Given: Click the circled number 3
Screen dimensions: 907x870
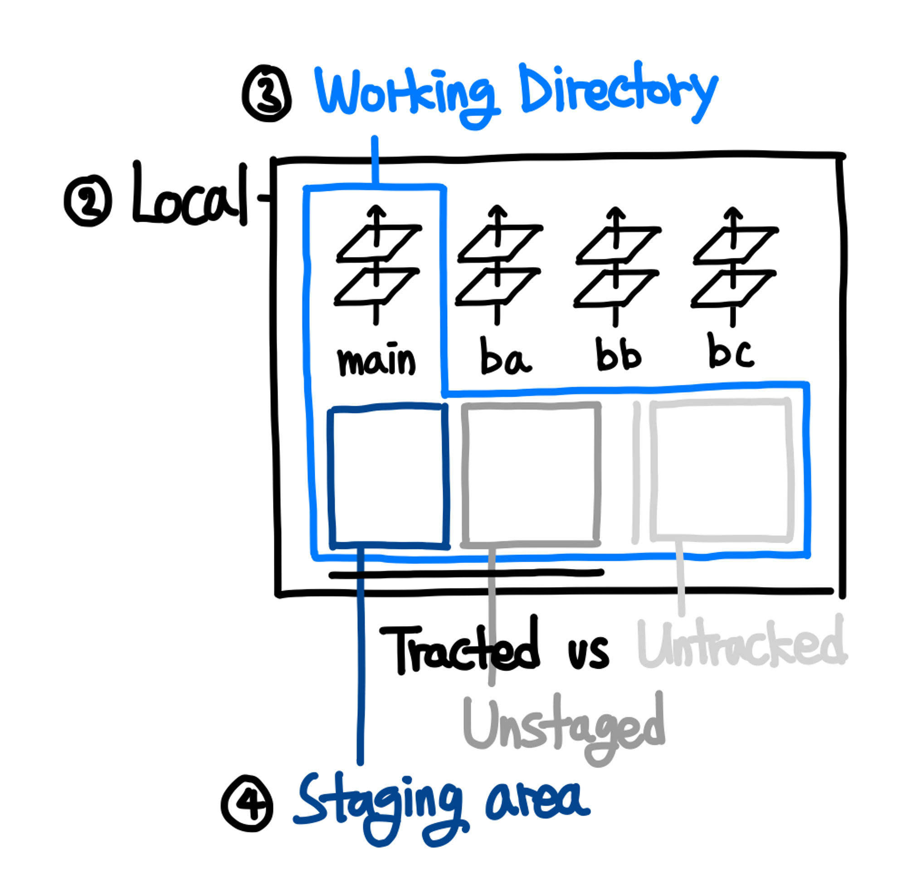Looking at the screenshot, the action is point(267,93).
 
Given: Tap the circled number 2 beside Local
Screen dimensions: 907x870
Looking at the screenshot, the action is point(88,200).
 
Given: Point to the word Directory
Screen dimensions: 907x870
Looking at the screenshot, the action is point(618,90).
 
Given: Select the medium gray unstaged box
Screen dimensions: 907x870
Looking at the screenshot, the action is point(531,474).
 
